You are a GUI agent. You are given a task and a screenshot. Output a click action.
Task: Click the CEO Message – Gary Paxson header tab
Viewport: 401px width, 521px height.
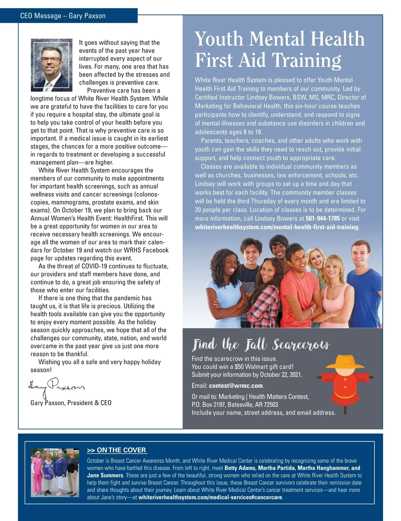click(63, 16)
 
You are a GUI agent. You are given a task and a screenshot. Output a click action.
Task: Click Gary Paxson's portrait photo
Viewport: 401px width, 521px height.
click(51, 65)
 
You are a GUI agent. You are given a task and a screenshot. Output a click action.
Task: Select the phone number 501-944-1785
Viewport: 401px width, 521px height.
click(322, 219)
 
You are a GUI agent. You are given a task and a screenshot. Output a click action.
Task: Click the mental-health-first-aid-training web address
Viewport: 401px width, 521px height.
click(276, 227)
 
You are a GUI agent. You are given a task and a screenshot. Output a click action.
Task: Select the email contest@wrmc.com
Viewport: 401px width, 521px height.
click(236, 386)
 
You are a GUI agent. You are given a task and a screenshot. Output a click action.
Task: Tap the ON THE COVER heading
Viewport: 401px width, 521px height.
click(117, 450)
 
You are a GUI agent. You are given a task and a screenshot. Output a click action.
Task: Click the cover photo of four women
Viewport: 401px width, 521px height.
click(55, 472)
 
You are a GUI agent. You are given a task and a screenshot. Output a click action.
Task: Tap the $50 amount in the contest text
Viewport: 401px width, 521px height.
click(239, 367)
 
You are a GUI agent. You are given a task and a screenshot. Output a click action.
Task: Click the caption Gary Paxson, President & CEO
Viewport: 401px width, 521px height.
click(71, 403)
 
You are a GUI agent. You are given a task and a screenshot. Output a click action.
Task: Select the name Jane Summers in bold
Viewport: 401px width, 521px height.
click(105, 476)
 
